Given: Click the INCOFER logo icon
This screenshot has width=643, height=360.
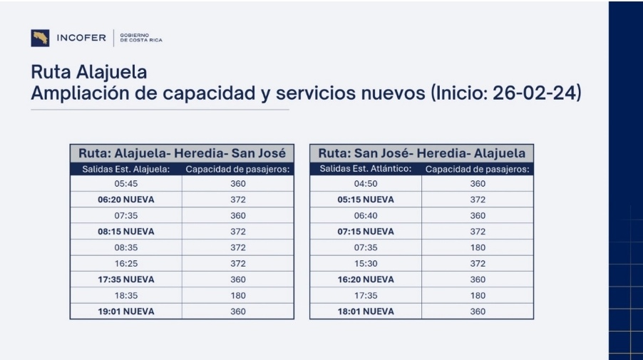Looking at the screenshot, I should [40, 38].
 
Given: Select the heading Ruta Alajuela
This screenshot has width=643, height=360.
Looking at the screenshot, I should [89, 73].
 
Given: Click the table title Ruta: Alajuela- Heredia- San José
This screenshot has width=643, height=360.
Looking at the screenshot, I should [182, 153].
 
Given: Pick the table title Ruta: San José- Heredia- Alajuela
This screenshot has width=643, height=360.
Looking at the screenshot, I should [421, 153].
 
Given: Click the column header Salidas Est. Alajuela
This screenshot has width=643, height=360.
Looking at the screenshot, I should [125, 169].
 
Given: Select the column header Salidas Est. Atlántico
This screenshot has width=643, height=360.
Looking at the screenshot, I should [365, 169].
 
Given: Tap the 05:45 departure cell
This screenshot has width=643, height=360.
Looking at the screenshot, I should [125, 184].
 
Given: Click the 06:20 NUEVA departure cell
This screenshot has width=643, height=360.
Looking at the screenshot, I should [125, 200].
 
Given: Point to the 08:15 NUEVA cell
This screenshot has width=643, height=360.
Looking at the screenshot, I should [125, 232].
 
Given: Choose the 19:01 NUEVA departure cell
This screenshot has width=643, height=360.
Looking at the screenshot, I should [125, 312].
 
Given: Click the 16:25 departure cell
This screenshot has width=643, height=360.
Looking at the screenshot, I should [125, 264].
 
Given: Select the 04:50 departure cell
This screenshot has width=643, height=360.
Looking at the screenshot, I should [365, 184].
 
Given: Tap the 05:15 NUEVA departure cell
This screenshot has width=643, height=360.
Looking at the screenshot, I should [365, 200].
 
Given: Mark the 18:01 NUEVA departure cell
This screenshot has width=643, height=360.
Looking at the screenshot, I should [365, 312].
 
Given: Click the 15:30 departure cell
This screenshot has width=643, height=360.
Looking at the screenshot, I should [365, 264].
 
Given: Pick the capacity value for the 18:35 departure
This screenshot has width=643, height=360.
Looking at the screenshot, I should [237, 296].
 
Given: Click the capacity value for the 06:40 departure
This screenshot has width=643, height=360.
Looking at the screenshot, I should [477, 216].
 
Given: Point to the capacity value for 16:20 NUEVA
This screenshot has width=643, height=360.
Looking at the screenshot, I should [477, 279].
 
